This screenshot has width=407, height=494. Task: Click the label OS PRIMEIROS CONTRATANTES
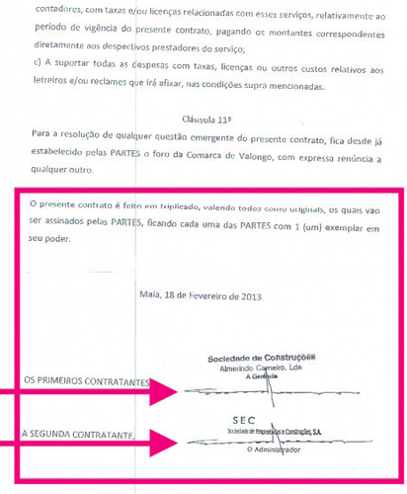86,381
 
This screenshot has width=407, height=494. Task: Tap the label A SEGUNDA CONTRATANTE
80,434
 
